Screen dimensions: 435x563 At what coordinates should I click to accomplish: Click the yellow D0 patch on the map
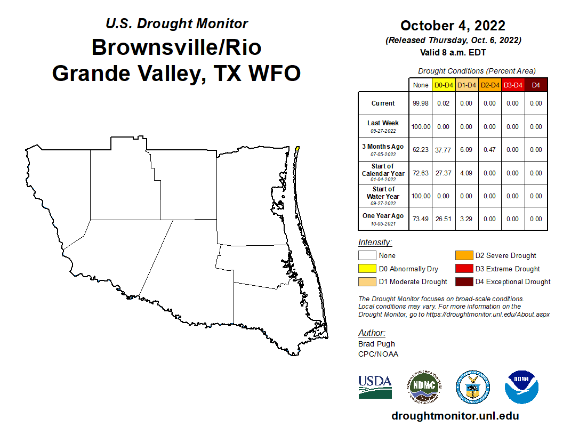pos(297,149)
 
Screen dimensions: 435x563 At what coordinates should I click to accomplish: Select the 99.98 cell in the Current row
pos(421,103)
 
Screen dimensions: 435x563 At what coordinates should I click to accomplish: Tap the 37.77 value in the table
pos(443,150)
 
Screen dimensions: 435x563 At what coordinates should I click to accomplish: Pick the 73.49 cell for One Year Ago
pos(421,219)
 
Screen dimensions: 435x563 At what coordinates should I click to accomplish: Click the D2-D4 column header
pos(489,85)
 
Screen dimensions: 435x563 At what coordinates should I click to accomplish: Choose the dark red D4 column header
pos(536,85)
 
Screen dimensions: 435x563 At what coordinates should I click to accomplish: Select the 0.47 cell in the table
pos(489,150)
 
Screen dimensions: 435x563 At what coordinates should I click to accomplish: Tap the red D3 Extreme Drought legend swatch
pos(464,269)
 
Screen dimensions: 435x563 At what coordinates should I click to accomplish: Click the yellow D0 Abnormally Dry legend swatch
pos(367,269)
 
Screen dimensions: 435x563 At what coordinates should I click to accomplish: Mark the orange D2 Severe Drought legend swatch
pos(464,256)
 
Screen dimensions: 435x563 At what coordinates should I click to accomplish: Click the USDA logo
pos(375,386)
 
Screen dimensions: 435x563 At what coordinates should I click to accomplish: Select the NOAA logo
pos(521,386)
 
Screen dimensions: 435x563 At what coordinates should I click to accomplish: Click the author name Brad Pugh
pos(376,344)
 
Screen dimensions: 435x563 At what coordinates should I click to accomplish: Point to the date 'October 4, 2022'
pos(453,26)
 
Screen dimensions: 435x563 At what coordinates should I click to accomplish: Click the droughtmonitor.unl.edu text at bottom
pos(455,416)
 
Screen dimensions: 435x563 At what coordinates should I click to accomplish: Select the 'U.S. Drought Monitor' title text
pos(176,24)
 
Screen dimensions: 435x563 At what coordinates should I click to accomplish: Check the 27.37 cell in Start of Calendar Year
pos(443,173)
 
